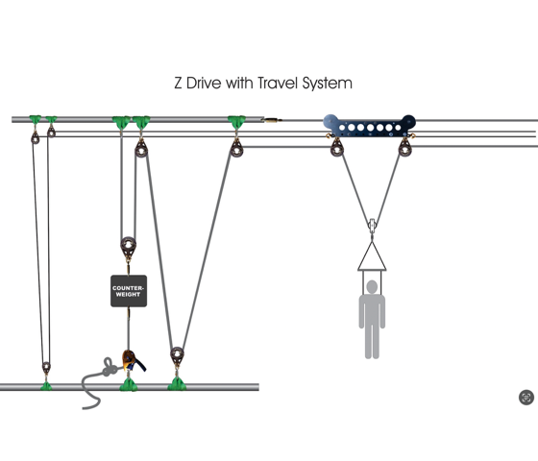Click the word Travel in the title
click(278, 83)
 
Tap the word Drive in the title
click(204, 83)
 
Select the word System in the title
click(327, 84)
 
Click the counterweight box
click(129, 291)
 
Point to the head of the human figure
click(372, 287)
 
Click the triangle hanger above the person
click(372, 256)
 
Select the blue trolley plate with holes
click(370, 126)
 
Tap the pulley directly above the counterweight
click(129, 247)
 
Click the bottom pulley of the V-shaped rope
click(177, 355)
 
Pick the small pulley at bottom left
click(46, 367)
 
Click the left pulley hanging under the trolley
click(337, 149)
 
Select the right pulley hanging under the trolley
click(405, 149)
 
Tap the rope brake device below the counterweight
click(133, 361)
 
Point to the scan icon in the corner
click(526, 398)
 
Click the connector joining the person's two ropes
click(372, 226)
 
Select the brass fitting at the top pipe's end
click(273, 120)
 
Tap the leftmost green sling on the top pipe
click(35, 120)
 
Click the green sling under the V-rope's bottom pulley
click(177, 384)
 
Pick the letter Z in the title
click(178, 84)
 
